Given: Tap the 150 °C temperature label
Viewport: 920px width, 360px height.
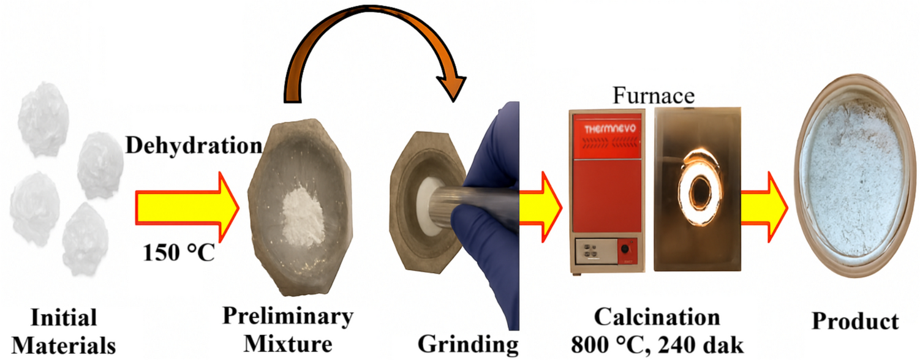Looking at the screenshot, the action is pos(178,252).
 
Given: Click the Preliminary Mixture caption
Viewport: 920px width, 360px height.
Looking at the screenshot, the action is pos(288,331).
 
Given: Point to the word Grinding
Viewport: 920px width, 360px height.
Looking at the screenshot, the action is pos(468,344).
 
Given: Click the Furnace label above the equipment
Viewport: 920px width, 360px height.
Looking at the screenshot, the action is pos(655,96).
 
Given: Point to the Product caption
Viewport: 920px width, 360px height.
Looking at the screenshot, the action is pos(856,322).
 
